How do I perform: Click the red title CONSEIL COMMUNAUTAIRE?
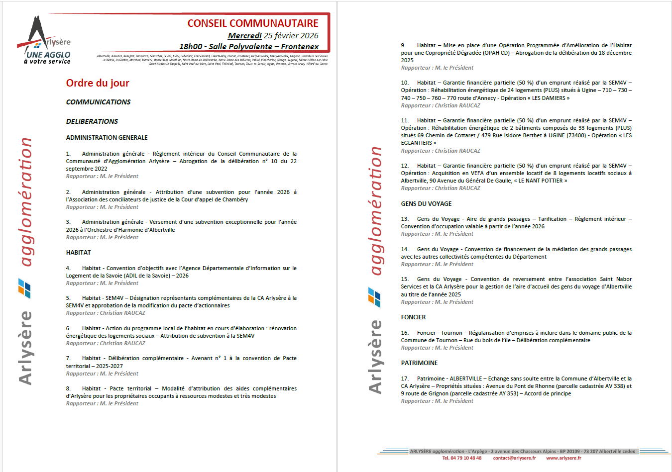coord(252,23)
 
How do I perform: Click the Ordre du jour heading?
coord(98,83)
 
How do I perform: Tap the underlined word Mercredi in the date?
coord(244,36)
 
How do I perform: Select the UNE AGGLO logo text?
coord(48,55)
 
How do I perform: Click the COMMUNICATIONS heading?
coord(98,102)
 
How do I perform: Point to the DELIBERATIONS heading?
coord(92,121)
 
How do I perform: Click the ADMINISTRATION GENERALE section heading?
coord(107,138)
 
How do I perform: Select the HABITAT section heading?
coord(78,253)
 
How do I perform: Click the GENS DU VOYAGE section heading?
coord(426,204)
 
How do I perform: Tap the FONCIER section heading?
coord(413,317)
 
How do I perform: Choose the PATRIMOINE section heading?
coord(419,363)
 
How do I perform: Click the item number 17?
coord(405,378)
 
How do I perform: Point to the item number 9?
coord(403,45)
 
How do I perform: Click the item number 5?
coord(68,298)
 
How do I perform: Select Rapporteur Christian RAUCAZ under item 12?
coord(441,188)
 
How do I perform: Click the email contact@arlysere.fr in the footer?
coord(514,458)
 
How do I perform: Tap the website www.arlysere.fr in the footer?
coord(563,458)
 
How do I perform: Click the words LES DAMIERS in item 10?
coord(549,98)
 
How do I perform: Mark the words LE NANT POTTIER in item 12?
coord(541,181)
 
